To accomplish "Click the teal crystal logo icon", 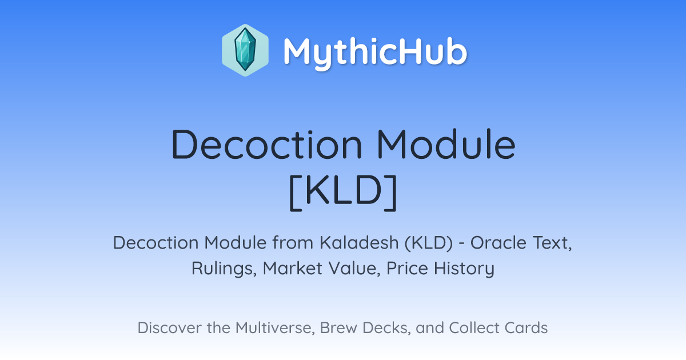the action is click(x=245, y=50).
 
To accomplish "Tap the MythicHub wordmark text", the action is click(x=375, y=52).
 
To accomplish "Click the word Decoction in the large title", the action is click(x=267, y=145).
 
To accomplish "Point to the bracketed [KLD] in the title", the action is click(x=343, y=192).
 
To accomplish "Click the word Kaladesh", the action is click(x=359, y=242).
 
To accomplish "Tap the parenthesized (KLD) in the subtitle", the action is click(x=428, y=243).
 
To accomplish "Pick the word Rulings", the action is click(x=224, y=269).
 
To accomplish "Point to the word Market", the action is click(x=293, y=268).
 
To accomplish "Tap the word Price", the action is click(x=407, y=268).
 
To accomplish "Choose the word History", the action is click(x=464, y=269).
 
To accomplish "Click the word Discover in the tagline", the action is click(x=170, y=327).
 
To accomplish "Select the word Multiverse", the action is click(x=276, y=328).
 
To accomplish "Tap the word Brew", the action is click(x=338, y=327).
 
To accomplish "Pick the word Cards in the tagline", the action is click(x=526, y=327).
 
